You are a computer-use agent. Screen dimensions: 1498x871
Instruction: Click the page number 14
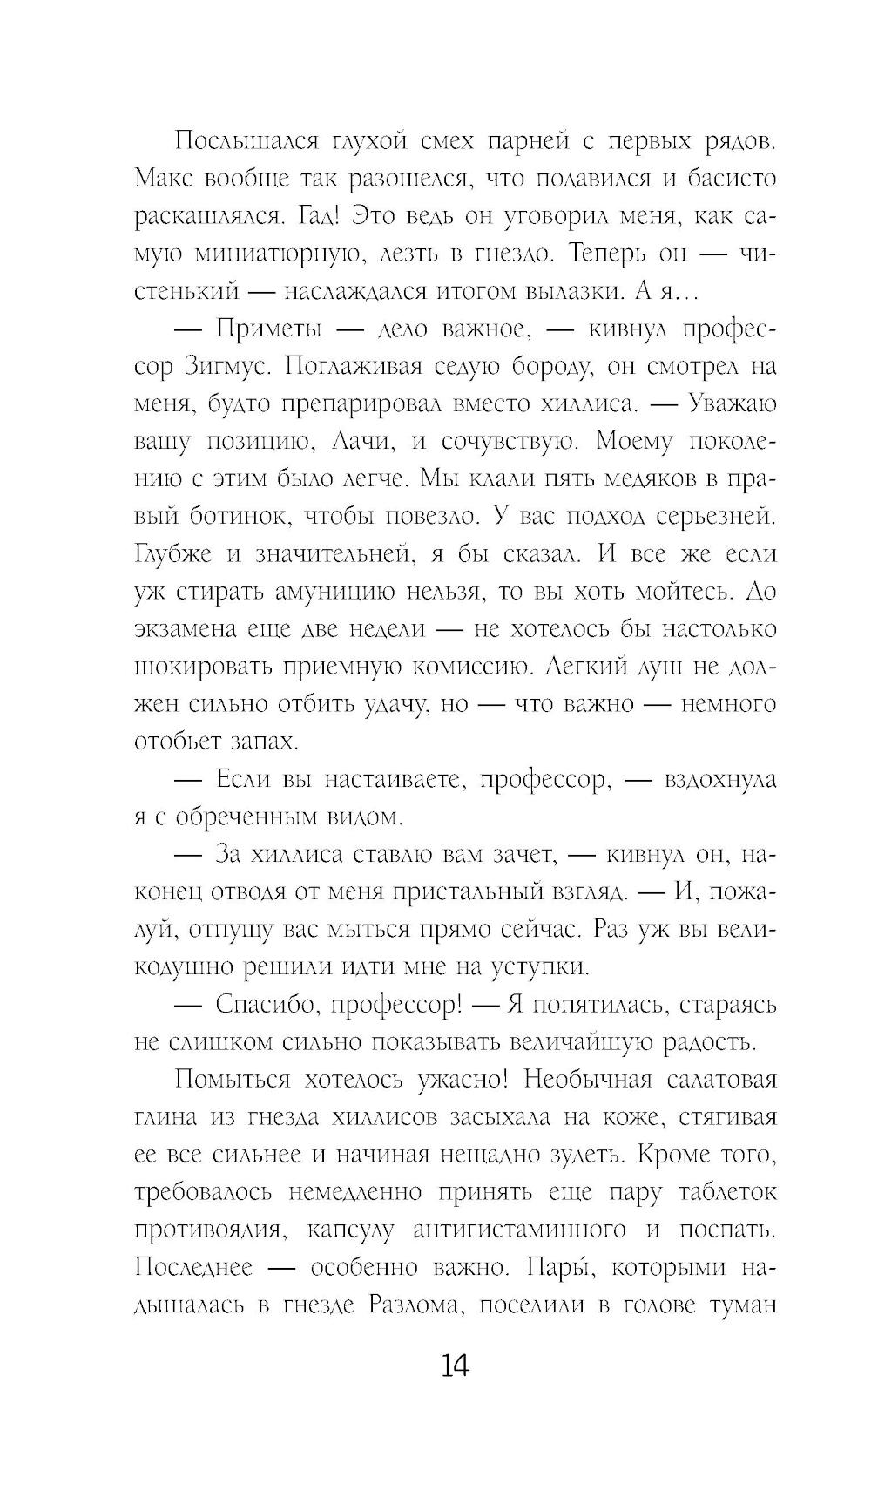tap(455, 1366)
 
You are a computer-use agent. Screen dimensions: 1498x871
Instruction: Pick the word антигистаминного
tap(519, 1230)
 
